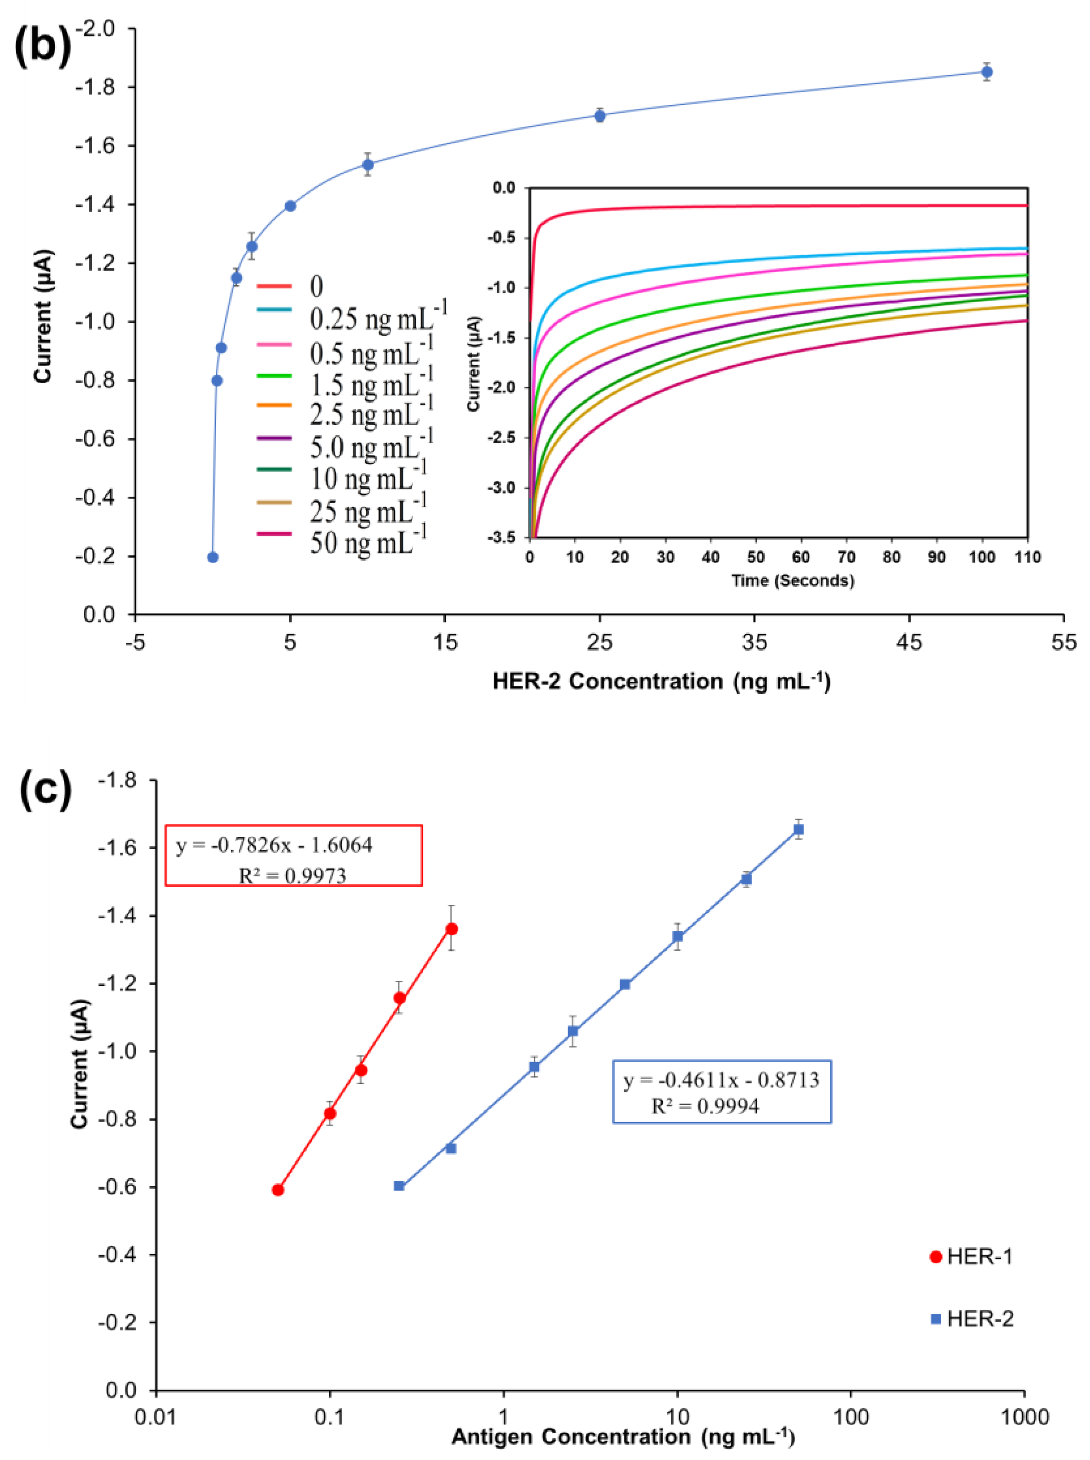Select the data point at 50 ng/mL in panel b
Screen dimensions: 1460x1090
(x=986, y=72)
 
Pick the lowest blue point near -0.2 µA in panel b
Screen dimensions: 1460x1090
(x=212, y=557)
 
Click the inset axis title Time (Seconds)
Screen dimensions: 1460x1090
(x=792, y=581)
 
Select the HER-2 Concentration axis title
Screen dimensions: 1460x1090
(x=661, y=681)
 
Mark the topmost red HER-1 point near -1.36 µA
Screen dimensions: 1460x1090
(x=451, y=928)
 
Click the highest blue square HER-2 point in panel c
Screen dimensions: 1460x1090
(x=799, y=829)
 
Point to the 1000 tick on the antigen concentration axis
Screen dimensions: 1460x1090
(x=1023, y=1417)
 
